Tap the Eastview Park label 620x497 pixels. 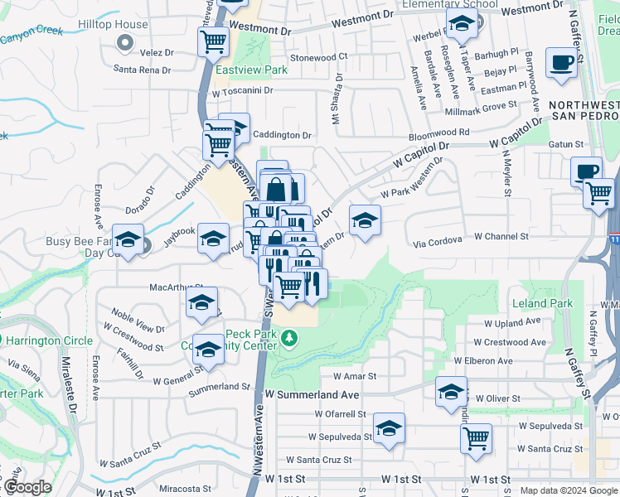[252, 70]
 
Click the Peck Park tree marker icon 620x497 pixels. [288, 338]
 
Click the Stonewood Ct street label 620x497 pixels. [318, 57]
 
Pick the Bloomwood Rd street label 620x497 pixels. [439, 132]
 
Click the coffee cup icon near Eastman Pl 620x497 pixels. [561, 63]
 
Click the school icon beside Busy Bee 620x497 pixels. [128, 239]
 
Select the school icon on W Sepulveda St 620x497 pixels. [389, 428]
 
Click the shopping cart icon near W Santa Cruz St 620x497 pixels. [476, 439]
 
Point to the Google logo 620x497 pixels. [27, 487]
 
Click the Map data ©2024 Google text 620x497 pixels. [568, 490]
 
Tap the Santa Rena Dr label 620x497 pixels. [142, 70]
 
